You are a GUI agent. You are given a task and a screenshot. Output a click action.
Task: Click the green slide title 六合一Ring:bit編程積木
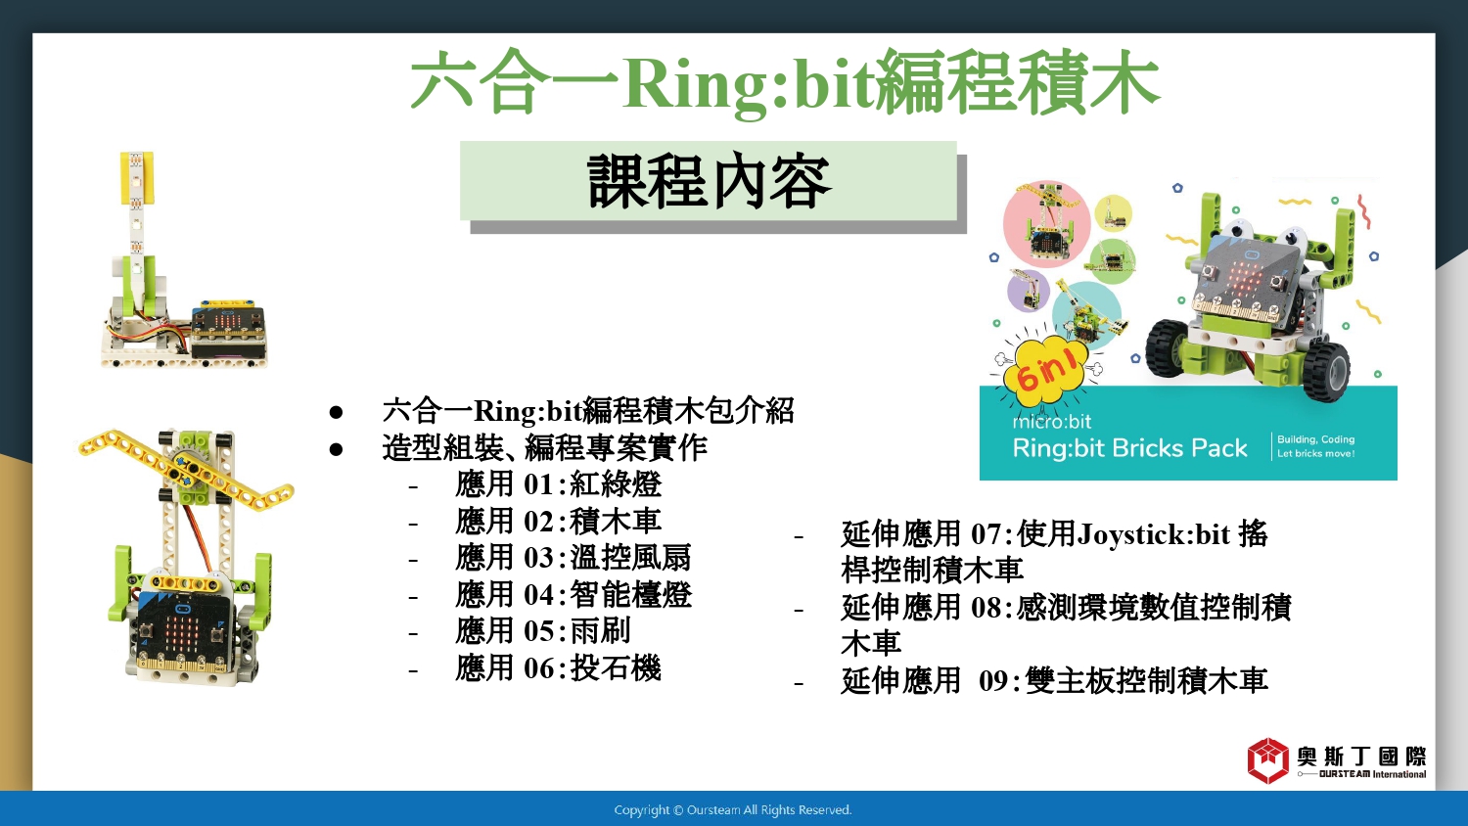click(785, 84)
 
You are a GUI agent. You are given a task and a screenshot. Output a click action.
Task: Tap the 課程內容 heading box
click(709, 181)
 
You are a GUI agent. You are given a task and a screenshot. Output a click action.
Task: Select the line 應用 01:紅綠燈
click(559, 485)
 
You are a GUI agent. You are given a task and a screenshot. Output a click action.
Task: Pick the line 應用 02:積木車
click(559, 522)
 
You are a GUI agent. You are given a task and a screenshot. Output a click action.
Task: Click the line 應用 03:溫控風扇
click(573, 559)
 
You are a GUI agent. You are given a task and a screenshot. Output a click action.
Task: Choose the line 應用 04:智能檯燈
click(573, 595)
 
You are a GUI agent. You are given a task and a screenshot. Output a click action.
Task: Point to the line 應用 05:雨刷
click(543, 632)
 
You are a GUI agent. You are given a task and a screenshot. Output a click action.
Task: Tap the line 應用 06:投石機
click(559, 668)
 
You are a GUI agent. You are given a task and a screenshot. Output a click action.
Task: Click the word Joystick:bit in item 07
click(1153, 535)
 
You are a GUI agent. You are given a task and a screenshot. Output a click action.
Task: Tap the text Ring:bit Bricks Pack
click(1129, 448)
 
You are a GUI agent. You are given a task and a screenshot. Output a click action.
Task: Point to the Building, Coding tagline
click(1315, 439)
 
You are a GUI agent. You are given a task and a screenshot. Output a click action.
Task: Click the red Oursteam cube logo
click(1268, 760)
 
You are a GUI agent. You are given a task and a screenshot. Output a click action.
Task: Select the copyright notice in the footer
click(733, 810)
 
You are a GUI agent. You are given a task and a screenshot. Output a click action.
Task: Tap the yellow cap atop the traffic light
click(137, 178)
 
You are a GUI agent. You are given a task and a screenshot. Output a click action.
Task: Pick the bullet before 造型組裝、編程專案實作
click(337, 449)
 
